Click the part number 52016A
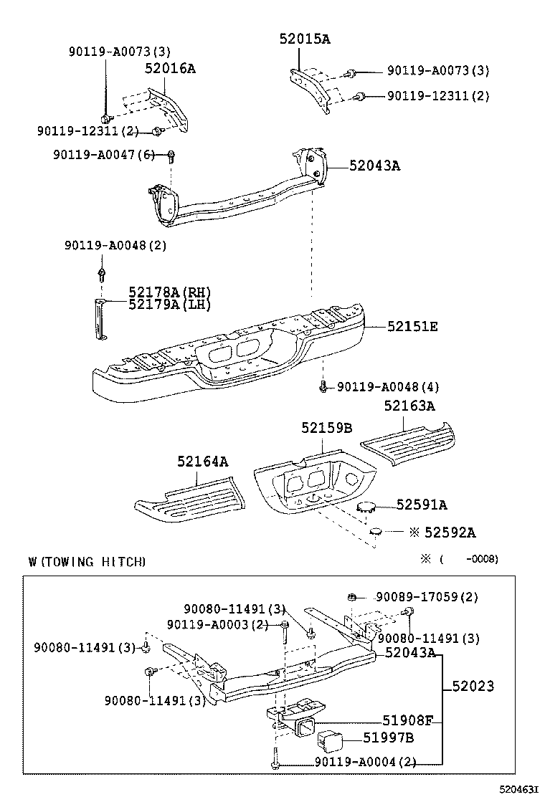coord(170,69)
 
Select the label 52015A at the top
coord(305,39)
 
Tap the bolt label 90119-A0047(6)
coord(103,155)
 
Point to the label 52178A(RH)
coord(170,292)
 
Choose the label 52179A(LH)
coord(170,305)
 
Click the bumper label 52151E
coord(412,326)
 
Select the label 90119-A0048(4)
coord(388,387)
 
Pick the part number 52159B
coord(326,428)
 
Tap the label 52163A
coord(409,406)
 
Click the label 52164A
coord(203,462)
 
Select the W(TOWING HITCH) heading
coord(87,562)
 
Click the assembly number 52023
coord(473,687)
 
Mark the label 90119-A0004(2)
coord(366,763)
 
